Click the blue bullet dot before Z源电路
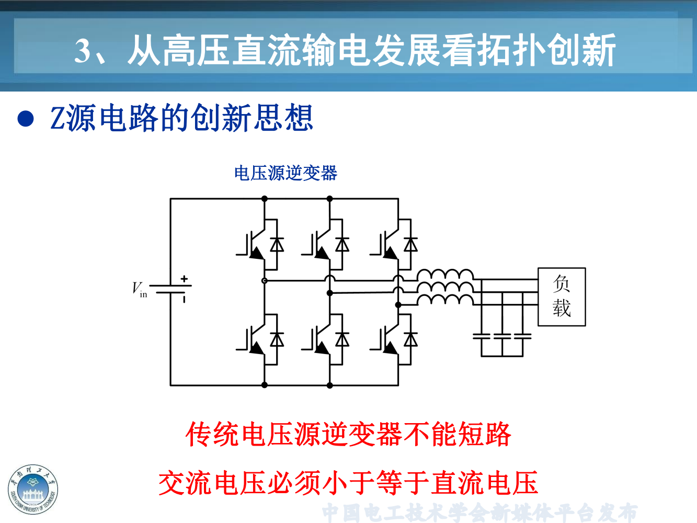tap(26, 119)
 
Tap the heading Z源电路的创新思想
tap(181, 118)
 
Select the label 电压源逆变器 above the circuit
tap(285, 173)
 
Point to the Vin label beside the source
tap(139, 289)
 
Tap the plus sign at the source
tap(184, 279)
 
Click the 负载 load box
tap(562, 297)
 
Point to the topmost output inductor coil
tap(445, 275)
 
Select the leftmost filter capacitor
tap(482, 336)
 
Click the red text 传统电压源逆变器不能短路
tap(348, 434)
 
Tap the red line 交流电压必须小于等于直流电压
tap(348, 482)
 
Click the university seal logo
tap(33, 490)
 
